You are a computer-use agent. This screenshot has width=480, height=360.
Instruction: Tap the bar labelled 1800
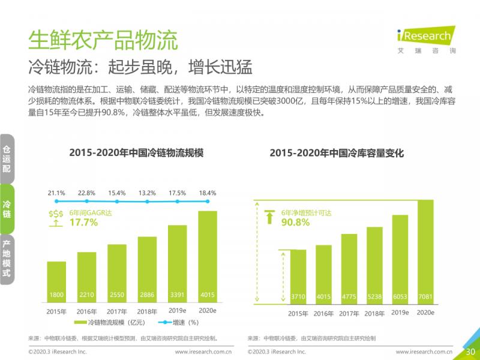pos(56,281)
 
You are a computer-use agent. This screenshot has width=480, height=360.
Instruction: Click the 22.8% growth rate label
pos(86,193)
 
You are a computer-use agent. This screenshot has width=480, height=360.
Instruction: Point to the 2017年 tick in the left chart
pos(117,311)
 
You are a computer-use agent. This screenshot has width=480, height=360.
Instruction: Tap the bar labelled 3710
pos(298,275)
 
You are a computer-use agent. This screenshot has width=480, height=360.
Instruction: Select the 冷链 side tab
pos(7,209)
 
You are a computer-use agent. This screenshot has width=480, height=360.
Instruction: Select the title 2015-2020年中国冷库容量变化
pos(337,154)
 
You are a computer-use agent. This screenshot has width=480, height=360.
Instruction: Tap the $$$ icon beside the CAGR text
pos(56,218)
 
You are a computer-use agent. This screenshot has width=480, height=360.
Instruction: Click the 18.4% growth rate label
pos(207,193)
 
